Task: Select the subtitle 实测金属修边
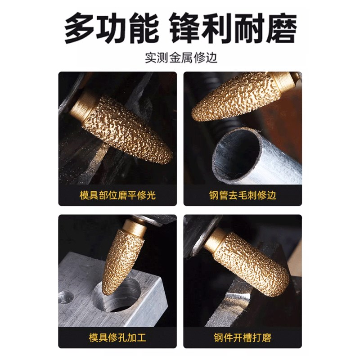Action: click(x=180, y=58)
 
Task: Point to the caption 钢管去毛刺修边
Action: click(x=243, y=195)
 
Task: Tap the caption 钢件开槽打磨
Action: click(x=243, y=337)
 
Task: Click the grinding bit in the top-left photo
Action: click(x=128, y=128)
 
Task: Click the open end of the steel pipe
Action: click(x=236, y=155)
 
